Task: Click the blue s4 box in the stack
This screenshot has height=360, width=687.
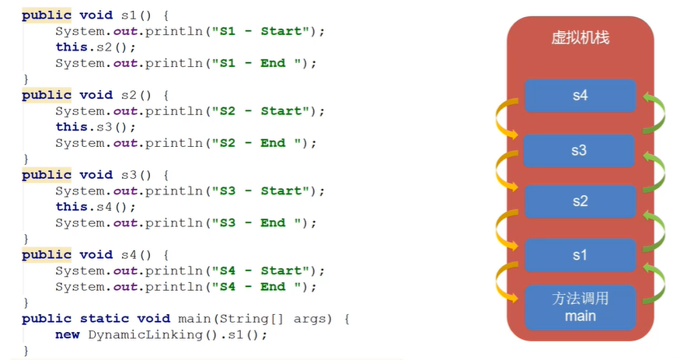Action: pos(580,96)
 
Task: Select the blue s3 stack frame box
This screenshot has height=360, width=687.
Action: pos(580,150)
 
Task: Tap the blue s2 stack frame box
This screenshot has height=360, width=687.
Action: pos(580,201)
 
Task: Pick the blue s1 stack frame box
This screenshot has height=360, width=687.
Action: pos(580,255)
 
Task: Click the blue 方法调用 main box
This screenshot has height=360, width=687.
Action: pos(580,307)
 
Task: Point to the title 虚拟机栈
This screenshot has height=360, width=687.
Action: pos(580,38)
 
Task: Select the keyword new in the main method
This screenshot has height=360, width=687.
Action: pos(67,334)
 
